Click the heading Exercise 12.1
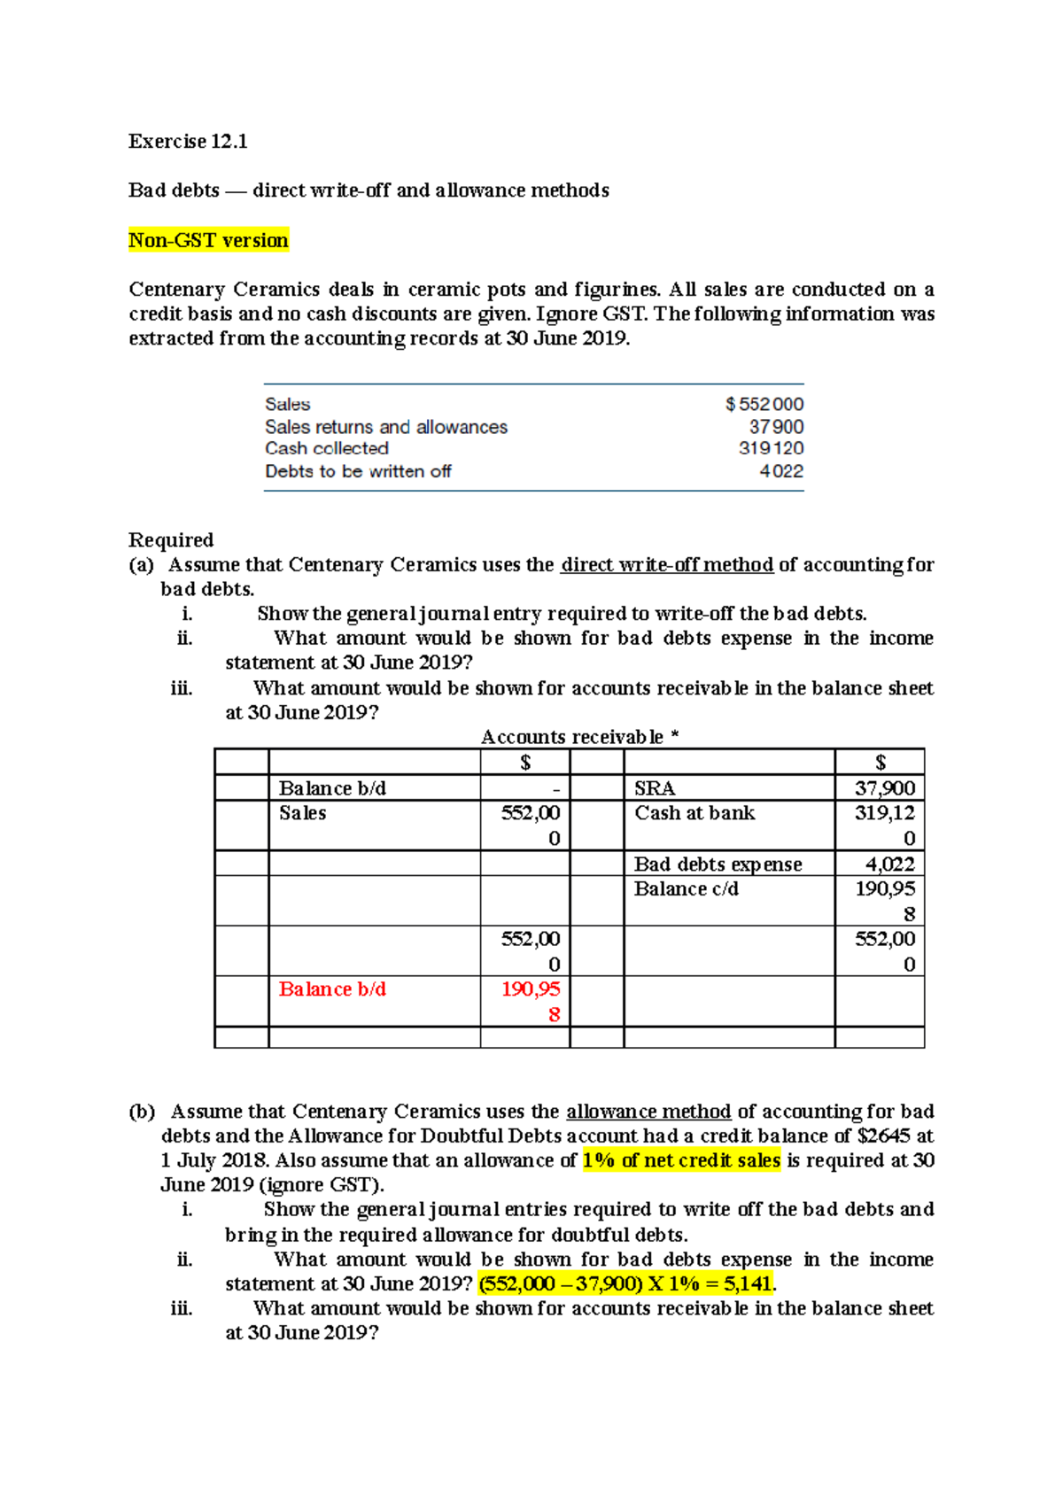pos(188,142)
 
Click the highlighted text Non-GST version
pos(208,241)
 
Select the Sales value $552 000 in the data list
pos(764,404)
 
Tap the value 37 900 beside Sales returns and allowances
pos(776,427)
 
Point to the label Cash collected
pos(327,449)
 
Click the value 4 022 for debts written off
pos(781,471)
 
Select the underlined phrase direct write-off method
pos(667,565)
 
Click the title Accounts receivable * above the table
pos(579,737)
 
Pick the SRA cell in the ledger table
pos(655,788)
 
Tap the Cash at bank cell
pos(694,813)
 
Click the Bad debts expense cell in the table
pos(718,864)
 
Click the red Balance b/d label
pos(332,989)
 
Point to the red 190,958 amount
pos(531,1001)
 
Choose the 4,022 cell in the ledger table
pos(889,864)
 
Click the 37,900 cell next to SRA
pos(884,788)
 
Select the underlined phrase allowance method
pos(648,1112)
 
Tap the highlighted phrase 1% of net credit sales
pos(681,1160)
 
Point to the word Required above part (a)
pos(171,540)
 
